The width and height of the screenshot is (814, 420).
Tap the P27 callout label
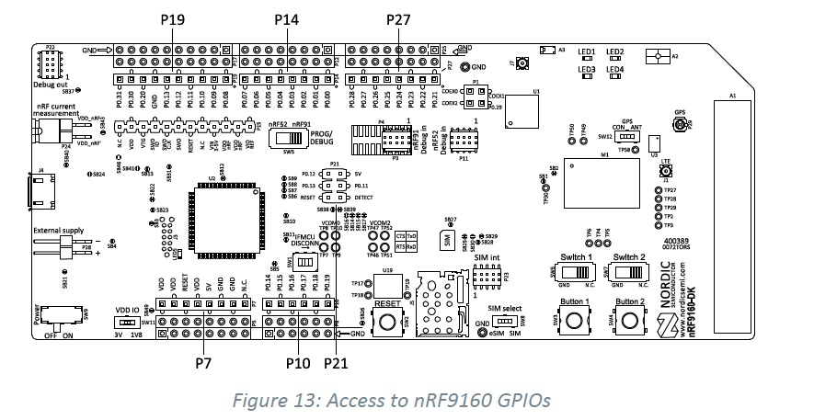click(399, 18)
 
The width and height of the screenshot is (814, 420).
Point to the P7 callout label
click(203, 364)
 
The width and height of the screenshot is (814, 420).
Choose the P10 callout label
click(296, 364)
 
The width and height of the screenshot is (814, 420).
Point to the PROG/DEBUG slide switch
click(285, 139)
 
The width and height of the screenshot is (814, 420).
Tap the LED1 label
click(586, 52)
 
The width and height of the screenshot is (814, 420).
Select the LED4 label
click(615, 69)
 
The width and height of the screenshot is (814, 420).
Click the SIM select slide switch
click(502, 321)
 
